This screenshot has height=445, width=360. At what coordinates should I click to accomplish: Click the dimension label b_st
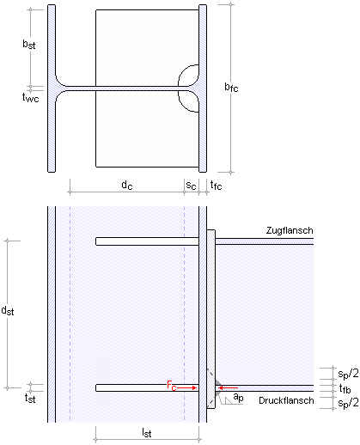point(29,45)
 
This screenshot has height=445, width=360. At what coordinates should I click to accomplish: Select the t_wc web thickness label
point(30,98)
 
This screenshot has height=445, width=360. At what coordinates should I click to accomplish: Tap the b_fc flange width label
point(231,87)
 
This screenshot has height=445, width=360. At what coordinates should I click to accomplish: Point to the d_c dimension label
point(127,185)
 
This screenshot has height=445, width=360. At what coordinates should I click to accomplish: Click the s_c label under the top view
point(191,186)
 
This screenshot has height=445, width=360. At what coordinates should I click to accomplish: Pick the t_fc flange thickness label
point(216,186)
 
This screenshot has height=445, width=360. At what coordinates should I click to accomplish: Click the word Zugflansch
point(290,230)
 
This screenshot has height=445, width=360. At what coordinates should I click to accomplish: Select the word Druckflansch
point(286,400)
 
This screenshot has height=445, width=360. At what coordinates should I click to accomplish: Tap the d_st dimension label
point(8,311)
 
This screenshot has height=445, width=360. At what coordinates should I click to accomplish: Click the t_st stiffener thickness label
point(30,399)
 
